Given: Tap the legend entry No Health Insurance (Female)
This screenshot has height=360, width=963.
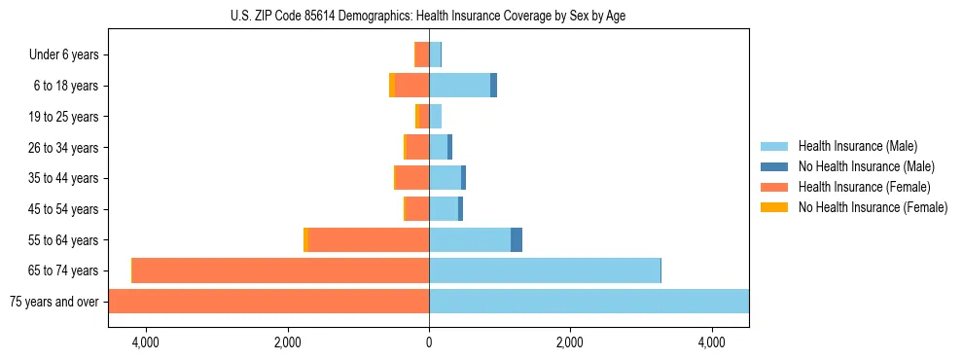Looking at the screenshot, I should (873, 207).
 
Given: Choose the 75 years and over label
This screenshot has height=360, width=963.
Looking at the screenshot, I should (53, 302).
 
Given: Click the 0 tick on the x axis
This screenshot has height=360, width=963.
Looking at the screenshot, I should (429, 342).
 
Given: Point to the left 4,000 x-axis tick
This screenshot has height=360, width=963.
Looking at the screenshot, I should (146, 342).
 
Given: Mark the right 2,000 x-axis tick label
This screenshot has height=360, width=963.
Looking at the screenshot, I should (570, 342).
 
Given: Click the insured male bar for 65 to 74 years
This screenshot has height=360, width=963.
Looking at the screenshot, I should (545, 270).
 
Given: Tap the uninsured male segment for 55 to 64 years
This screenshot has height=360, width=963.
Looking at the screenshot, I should (517, 239).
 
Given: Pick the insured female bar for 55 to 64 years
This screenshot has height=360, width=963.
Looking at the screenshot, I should (369, 239).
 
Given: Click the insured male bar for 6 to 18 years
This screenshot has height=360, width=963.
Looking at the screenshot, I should (459, 86).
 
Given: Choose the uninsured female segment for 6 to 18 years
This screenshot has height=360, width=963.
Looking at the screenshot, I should (392, 86).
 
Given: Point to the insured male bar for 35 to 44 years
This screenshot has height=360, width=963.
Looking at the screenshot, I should (445, 178).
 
